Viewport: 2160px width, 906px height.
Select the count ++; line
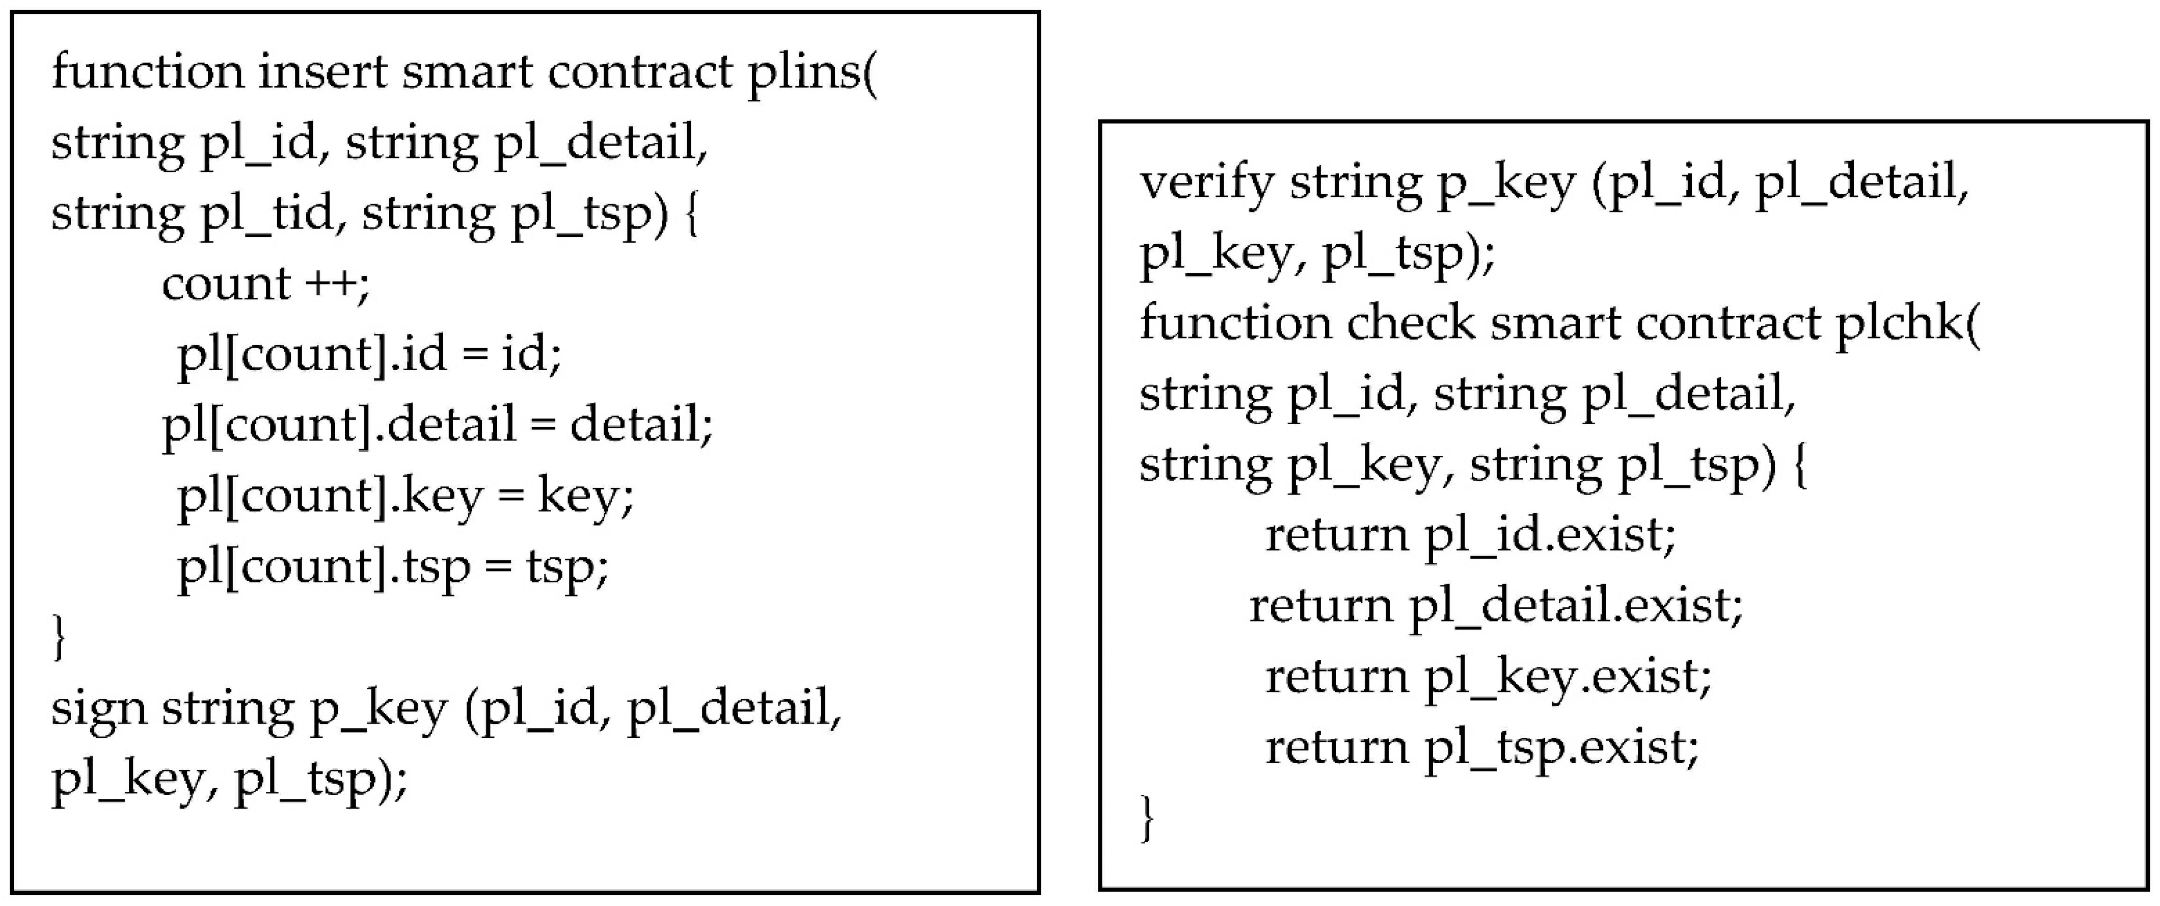tap(265, 283)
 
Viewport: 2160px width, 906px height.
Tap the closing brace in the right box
tap(1148, 818)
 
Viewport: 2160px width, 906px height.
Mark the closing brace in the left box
tap(59, 637)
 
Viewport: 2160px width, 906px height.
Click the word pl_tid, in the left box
tap(268, 215)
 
